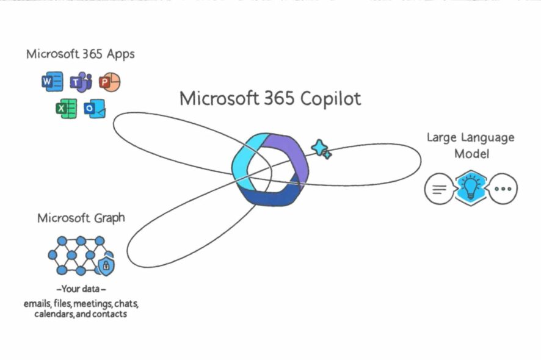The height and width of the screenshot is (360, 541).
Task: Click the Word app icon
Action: [x=53, y=81]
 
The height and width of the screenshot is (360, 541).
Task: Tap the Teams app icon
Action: [x=81, y=81]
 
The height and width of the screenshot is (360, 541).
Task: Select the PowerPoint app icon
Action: [x=109, y=81]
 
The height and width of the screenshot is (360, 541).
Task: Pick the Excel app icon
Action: [x=66, y=109]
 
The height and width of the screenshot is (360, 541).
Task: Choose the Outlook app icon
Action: [x=95, y=109]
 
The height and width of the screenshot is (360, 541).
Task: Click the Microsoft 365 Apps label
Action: [x=80, y=54]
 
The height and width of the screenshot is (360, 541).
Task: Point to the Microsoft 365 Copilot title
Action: [x=270, y=98]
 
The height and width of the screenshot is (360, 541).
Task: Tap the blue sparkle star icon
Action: [x=321, y=148]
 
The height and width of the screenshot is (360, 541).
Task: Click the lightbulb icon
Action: [x=470, y=188]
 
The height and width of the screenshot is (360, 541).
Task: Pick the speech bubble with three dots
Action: [x=503, y=189]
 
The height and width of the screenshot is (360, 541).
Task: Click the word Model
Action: [x=471, y=154]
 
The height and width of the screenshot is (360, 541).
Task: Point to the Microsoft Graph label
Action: [x=81, y=218]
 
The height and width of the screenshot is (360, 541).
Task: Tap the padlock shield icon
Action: [x=106, y=265]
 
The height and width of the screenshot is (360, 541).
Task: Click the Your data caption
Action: [x=81, y=289]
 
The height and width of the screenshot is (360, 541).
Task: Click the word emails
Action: [x=38, y=303]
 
